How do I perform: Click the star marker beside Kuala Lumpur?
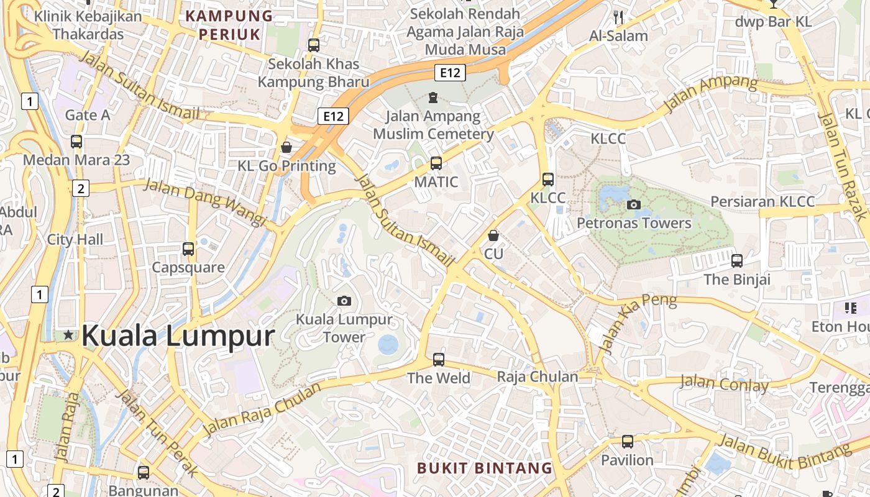coord(68,335)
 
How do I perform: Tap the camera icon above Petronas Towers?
coord(634,204)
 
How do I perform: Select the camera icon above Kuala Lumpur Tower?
coord(344,301)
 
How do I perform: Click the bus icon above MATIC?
coord(436,163)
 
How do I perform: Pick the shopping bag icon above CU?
coord(493,235)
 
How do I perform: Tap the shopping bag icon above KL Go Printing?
coord(286,147)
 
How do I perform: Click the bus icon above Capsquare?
coord(188,249)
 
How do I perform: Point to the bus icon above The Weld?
coord(439,359)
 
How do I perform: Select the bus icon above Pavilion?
coord(628,442)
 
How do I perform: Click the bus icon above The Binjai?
coord(737,261)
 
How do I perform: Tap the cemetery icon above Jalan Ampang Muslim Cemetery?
coord(433,98)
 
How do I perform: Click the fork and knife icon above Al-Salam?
coord(618,17)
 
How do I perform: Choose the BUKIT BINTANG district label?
coord(484,468)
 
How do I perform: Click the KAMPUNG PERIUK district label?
coord(230,25)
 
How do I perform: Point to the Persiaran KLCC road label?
coord(762,201)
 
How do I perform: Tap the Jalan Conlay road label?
coord(724,383)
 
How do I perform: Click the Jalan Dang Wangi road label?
coord(205,202)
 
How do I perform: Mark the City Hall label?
coord(75,239)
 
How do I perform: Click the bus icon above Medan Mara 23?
coord(76,142)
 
